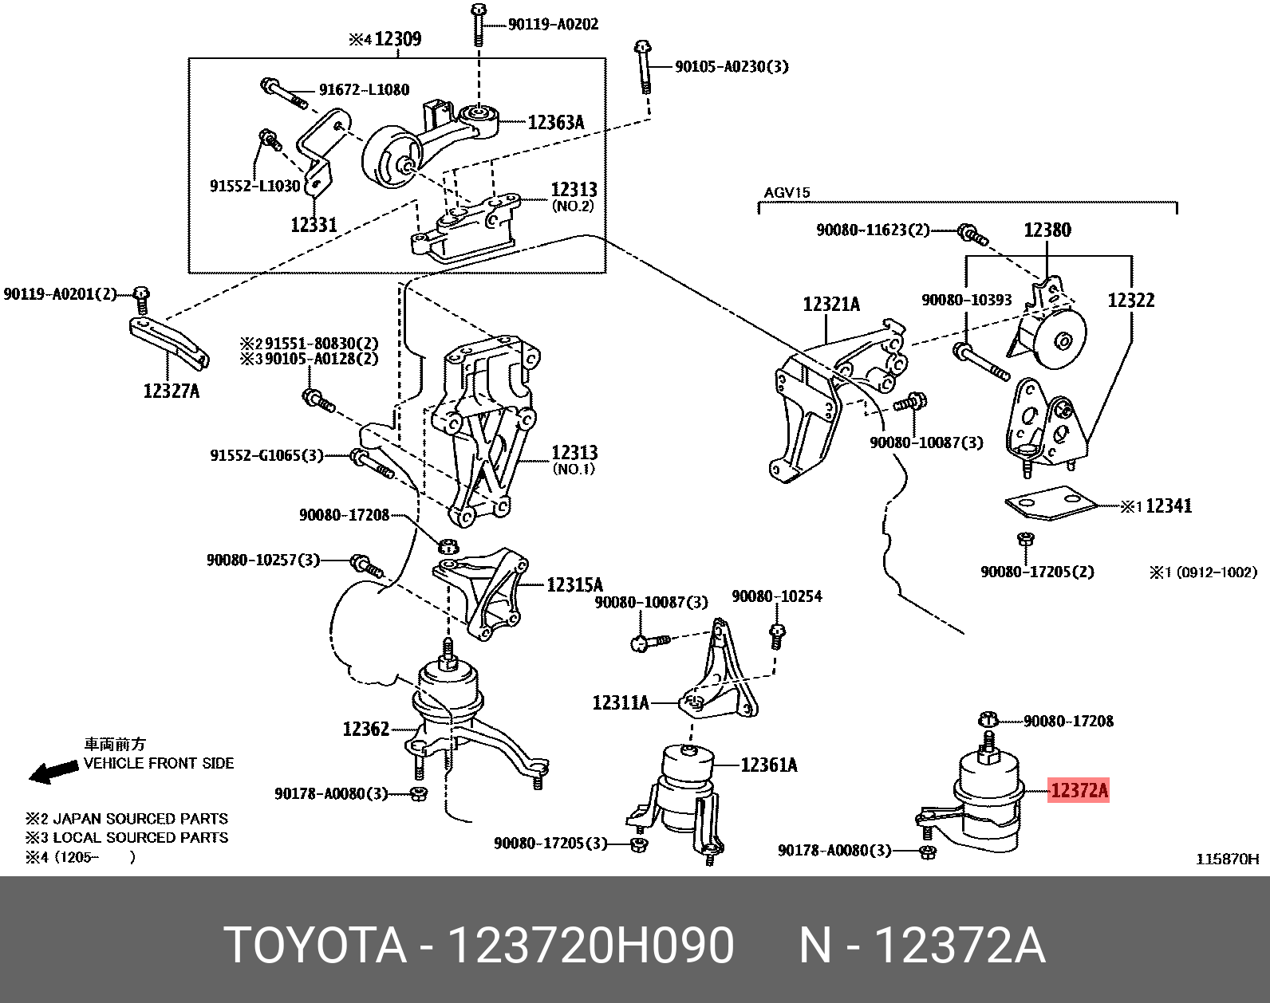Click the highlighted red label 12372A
click(1079, 790)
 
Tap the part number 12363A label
click(556, 122)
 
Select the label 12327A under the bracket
click(171, 391)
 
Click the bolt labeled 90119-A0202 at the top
click(478, 24)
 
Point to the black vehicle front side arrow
click(53, 771)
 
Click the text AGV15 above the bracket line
click(787, 192)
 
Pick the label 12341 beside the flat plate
click(1168, 505)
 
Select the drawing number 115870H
click(1227, 859)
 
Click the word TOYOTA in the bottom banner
click(315, 946)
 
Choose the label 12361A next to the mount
click(768, 765)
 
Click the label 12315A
click(574, 585)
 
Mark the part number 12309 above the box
click(397, 39)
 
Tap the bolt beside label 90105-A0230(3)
click(643, 67)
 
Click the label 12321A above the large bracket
click(831, 305)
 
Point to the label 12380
click(1047, 230)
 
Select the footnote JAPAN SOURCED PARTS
click(140, 819)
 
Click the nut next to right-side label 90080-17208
click(988, 720)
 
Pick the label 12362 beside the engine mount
click(365, 729)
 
